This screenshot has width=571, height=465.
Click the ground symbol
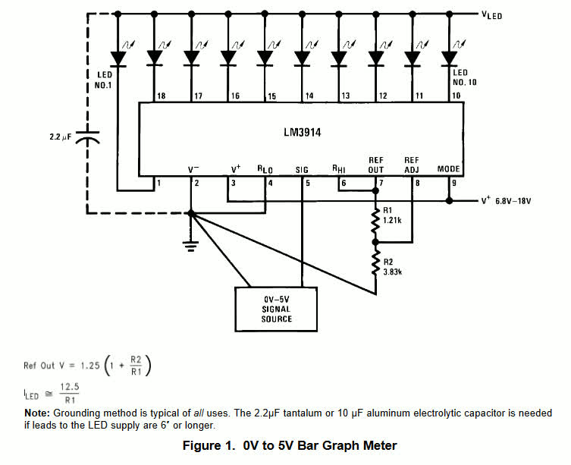pos(190,243)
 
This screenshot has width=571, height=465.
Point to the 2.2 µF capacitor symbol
pos(89,140)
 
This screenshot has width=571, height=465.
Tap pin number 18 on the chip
pos(161,96)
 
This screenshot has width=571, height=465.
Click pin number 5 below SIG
pos(307,183)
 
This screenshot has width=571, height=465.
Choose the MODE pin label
pos(449,168)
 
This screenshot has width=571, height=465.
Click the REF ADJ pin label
pos(412,164)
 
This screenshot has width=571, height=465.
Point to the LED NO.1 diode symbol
pos(118,57)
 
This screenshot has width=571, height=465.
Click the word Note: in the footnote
pos(37,413)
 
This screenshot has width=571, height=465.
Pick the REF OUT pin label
pos(376,164)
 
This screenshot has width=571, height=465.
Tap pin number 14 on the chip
pos(308,96)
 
